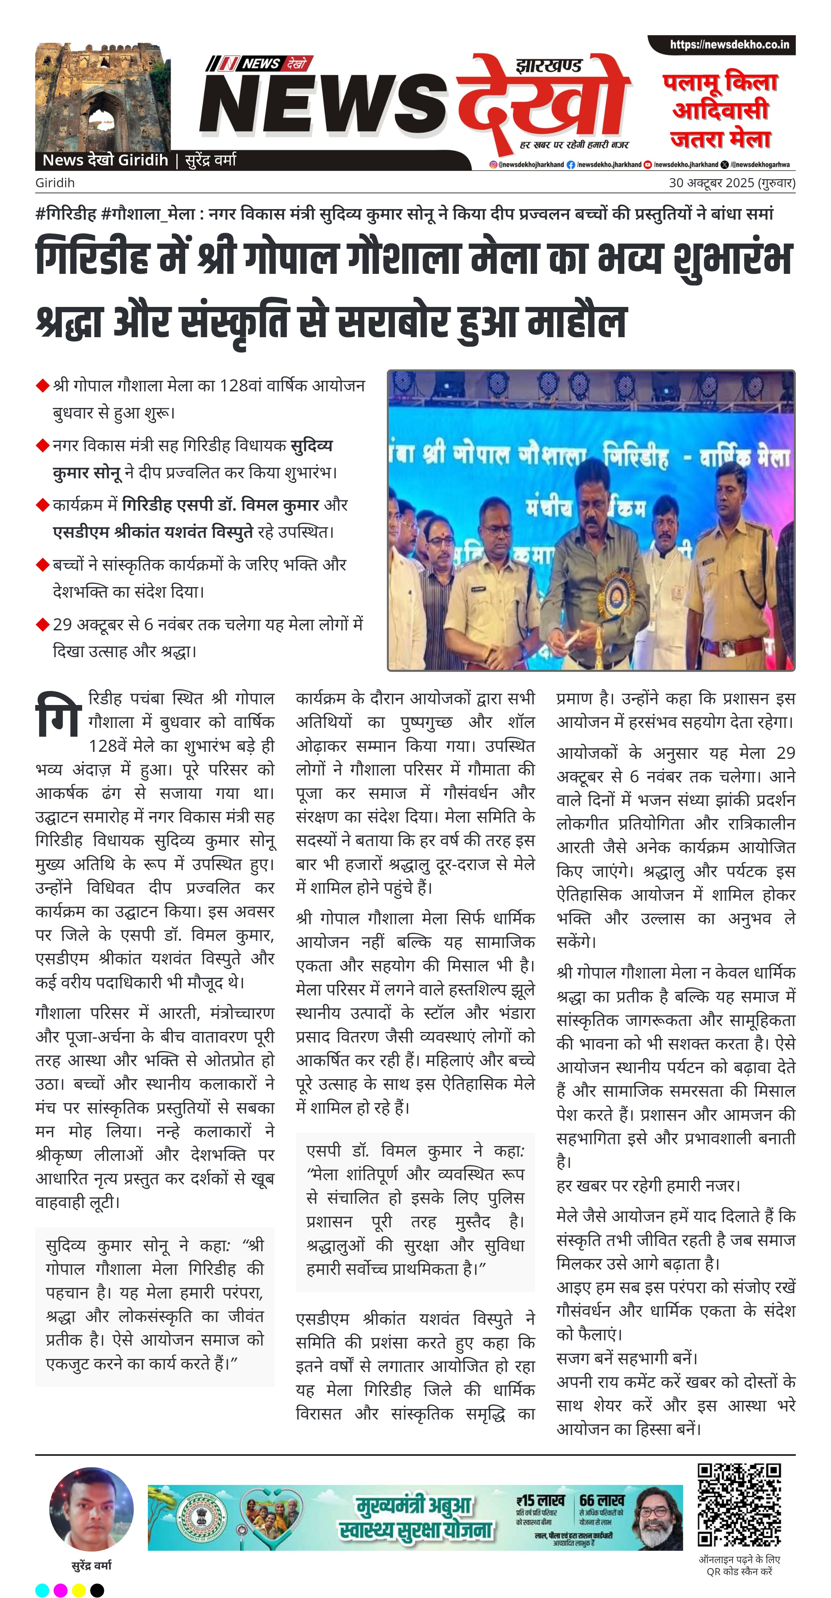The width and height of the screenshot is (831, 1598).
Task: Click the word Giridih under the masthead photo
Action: pos(55,183)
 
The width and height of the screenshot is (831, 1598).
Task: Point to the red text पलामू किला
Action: pos(720,82)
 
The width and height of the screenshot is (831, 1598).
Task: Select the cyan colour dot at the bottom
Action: pos(42,1590)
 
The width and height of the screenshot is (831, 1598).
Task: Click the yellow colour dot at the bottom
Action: pos(79,1590)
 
